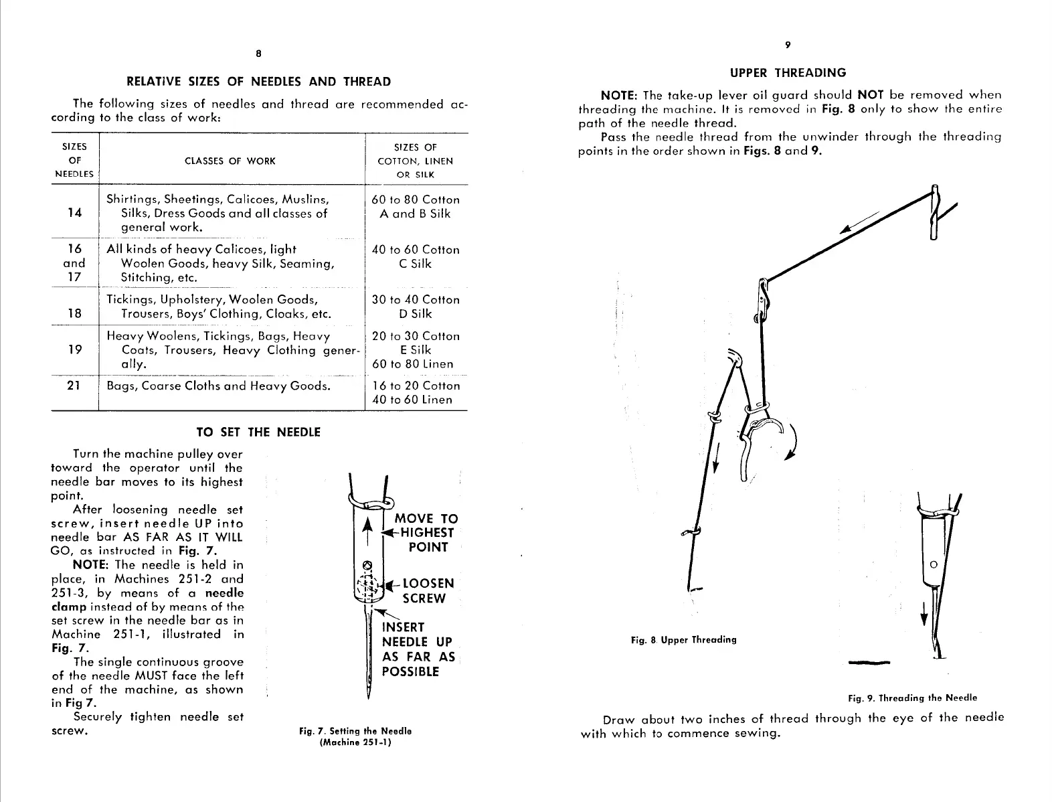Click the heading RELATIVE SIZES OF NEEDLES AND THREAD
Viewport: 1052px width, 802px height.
[258, 82]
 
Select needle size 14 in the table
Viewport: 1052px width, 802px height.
[74, 213]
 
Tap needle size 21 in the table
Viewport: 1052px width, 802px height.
[74, 386]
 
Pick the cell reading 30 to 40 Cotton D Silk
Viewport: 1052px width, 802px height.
[416, 307]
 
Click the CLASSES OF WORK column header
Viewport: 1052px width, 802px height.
[230, 161]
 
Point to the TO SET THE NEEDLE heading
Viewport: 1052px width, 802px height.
[258, 432]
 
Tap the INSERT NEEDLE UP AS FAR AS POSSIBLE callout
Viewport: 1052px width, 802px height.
[418, 649]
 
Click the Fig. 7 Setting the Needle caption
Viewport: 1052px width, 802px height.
[355, 736]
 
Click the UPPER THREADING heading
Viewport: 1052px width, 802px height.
[788, 72]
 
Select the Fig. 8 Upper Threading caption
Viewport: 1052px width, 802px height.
[683, 640]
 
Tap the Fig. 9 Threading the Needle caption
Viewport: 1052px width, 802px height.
[912, 698]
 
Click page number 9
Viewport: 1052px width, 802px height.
[788, 45]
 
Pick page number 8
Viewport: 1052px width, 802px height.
[258, 54]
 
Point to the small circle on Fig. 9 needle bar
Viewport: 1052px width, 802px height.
[935, 564]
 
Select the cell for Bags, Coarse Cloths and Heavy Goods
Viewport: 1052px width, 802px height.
[219, 386]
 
